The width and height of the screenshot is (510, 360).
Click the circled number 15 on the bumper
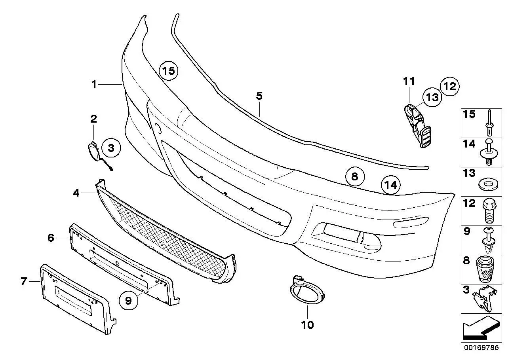tap(169, 71)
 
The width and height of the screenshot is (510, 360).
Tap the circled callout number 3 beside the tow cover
tap(111, 148)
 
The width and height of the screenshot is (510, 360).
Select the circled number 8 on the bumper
tap(355, 176)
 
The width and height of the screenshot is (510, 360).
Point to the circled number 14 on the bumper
tap(391, 185)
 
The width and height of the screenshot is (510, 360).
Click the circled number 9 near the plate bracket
tap(128, 300)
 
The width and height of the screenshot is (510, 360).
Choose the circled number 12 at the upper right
tap(450, 86)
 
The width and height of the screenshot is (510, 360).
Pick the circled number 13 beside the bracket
tap(432, 97)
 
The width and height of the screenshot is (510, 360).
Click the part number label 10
tap(307, 325)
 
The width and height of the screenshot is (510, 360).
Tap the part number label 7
tap(24, 281)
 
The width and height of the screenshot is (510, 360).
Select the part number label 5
tap(259, 96)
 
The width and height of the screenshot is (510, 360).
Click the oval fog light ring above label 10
tap(307, 291)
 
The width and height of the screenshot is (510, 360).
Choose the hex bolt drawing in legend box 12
tap(489, 211)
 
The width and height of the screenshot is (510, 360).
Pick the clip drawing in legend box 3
tap(485, 299)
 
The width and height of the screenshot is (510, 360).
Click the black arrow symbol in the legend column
tap(481, 328)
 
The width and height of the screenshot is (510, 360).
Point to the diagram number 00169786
tap(481, 348)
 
